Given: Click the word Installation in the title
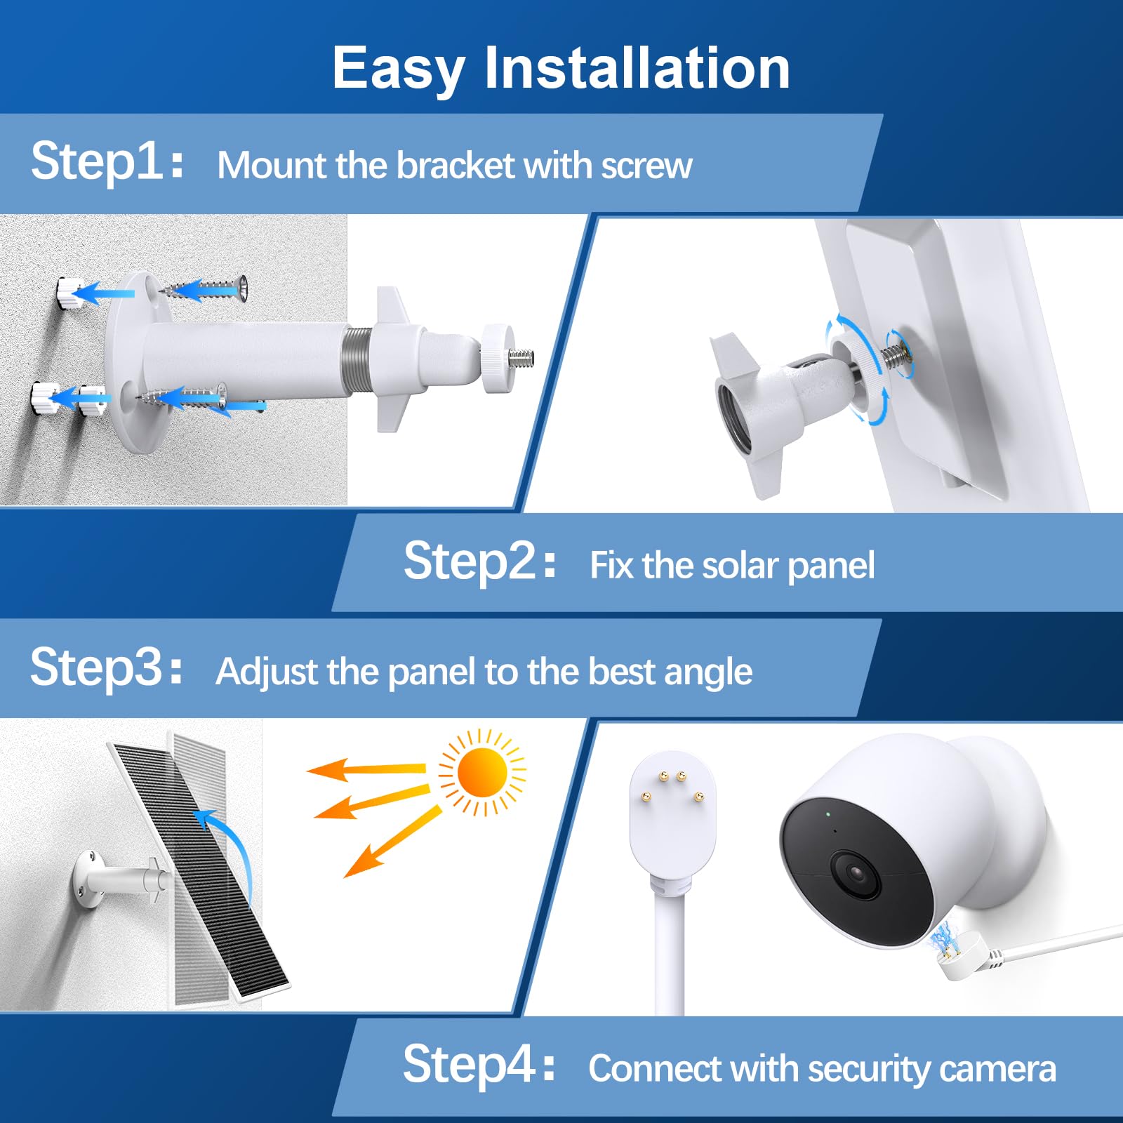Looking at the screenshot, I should [x=637, y=68].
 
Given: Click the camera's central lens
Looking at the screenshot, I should [x=856, y=874].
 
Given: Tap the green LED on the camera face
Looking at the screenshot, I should [x=828, y=814].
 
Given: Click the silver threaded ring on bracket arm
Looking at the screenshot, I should [x=356, y=363].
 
